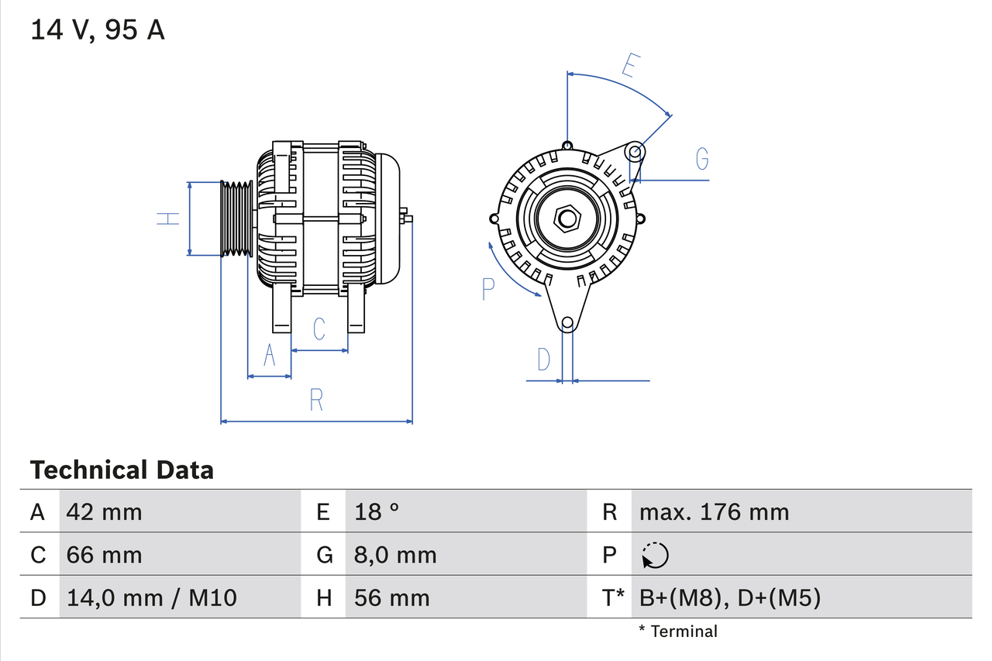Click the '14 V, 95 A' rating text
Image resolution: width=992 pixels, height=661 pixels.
tap(98, 29)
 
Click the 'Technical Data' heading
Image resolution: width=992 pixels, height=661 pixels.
tap(122, 470)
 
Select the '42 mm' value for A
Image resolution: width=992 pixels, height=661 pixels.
tap(105, 511)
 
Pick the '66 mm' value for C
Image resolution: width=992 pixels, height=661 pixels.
tap(105, 555)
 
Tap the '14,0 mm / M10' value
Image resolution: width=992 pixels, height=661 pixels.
tap(152, 597)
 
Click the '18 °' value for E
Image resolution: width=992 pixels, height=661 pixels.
tap(377, 511)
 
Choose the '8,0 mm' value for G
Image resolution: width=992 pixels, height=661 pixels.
tap(395, 555)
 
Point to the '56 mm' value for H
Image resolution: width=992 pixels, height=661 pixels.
tap(391, 597)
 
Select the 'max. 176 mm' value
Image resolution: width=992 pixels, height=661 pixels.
tap(714, 511)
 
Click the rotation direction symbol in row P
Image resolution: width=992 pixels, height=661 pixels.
tap(655, 556)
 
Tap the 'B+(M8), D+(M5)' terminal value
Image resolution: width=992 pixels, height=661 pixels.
tap(729, 597)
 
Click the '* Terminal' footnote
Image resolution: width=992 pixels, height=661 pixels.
tap(678, 631)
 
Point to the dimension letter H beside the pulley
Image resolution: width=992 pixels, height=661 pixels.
tap(168, 219)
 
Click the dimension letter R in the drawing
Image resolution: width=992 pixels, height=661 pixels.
tap(316, 400)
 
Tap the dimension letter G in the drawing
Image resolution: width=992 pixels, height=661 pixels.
tap(701, 159)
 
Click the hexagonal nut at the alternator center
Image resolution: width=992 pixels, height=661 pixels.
tap(567, 219)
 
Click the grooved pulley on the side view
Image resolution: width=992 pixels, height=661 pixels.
tap(236, 219)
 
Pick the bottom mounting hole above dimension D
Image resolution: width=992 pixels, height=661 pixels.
tap(567, 322)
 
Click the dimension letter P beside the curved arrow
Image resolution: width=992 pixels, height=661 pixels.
tap(487, 289)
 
